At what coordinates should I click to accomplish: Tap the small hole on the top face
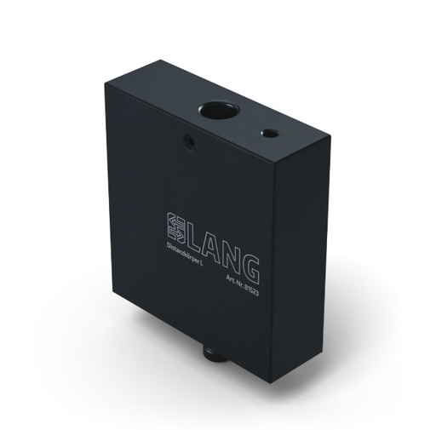269,134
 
